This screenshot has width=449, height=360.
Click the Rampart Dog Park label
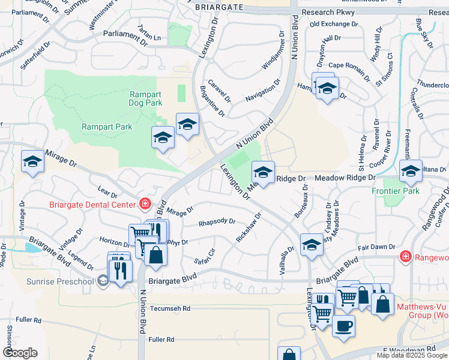146,98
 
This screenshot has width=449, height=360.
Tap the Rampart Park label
107,127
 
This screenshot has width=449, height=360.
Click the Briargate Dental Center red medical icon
144,204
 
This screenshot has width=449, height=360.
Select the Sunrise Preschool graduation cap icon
103,280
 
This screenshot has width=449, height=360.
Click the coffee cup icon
343,326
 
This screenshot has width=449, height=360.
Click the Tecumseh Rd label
170,308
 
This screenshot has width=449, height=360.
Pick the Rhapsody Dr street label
217,222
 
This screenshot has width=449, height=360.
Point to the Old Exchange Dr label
334,24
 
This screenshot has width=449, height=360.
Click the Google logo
20,353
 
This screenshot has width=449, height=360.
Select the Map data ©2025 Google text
412,355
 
